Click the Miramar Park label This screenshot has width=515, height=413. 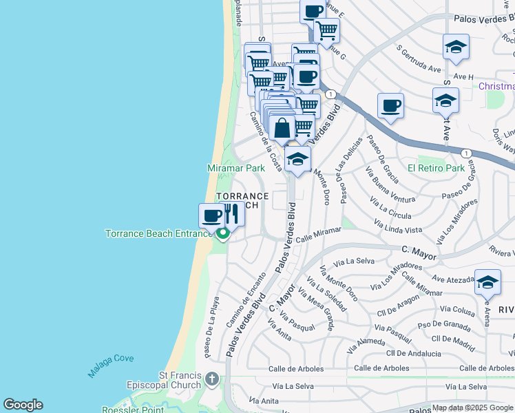click(x=236, y=168)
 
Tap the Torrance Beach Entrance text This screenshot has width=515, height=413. click(x=159, y=233)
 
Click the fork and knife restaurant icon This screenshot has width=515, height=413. click(x=232, y=215)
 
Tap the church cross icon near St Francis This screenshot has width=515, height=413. click(x=212, y=379)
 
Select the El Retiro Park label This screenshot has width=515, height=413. click(x=436, y=168)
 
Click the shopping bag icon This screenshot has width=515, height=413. click(x=282, y=128)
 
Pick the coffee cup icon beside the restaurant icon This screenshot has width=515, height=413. click(x=211, y=215)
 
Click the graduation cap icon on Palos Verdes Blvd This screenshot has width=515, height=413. click(x=297, y=158)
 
